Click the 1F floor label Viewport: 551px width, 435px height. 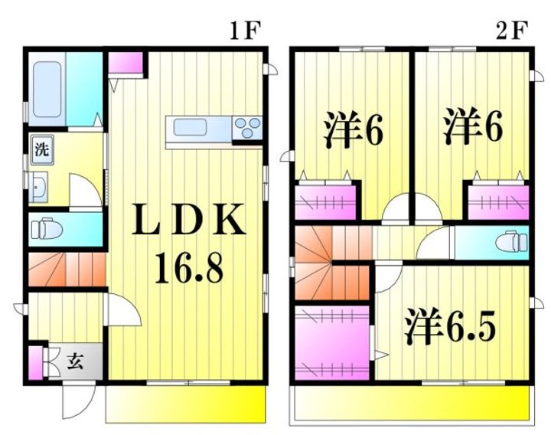pyautogui.click(x=246, y=31)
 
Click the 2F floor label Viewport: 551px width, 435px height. pyautogui.click(x=512, y=31)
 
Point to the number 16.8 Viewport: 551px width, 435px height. pyautogui.click(x=189, y=268)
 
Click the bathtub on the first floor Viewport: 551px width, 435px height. pyautogui.click(x=47, y=90)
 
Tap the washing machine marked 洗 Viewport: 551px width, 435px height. pyautogui.click(x=42, y=150)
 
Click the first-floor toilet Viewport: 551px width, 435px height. pyautogui.click(x=47, y=229)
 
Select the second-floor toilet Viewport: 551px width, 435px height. pyautogui.click(x=512, y=241)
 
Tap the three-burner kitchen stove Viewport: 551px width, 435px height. pyautogui.click(x=247, y=128)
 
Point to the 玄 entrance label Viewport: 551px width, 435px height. pyautogui.click(x=75, y=361)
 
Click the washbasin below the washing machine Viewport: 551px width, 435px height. pyautogui.click(x=38, y=187)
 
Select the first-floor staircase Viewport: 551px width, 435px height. pyautogui.click(x=67, y=270)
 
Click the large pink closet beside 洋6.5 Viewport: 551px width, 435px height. pyautogui.click(x=331, y=343)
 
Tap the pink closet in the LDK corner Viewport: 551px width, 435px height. pyautogui.click(x=126, y=63)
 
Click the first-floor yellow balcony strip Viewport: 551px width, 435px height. pyautogui.click(x=185, y=404)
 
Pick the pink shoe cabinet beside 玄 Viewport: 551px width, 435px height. pyautogui.click(x=35, y=363)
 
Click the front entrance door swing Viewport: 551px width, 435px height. pyautogui.click(x=79, y=401)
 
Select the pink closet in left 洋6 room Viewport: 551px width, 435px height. pyautogui.click(x=325, y=202)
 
